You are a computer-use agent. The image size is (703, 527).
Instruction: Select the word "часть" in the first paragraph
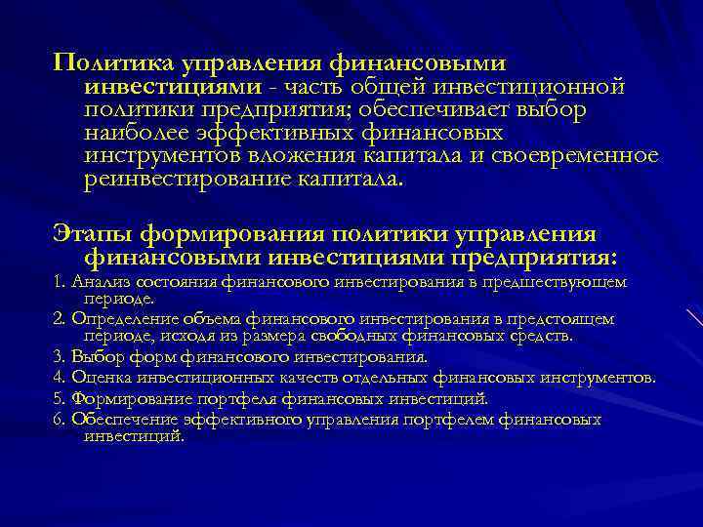coord(307,87)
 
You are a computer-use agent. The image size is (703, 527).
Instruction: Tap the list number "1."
coord(58,282)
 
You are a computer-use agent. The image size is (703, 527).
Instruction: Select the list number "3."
coord(58,357)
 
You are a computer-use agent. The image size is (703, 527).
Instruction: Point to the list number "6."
coord(58,420)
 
